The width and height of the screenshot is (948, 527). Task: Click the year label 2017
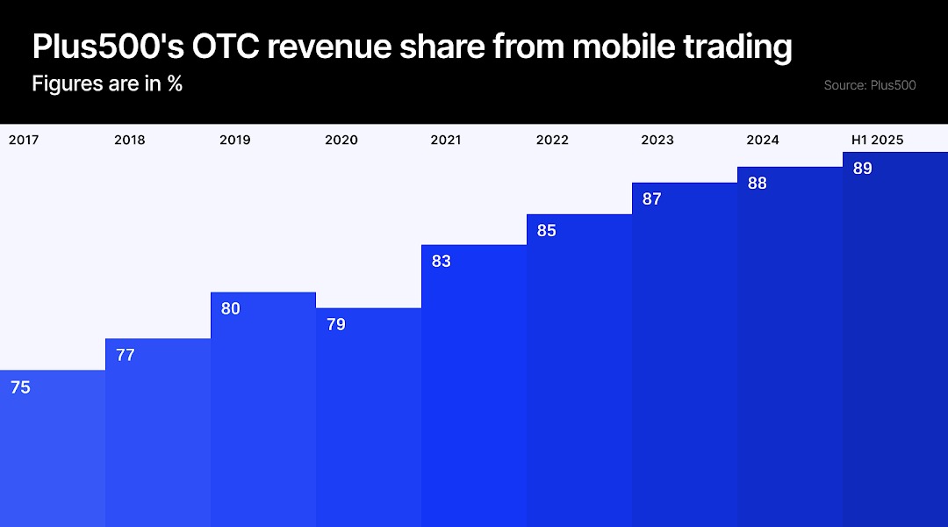pos(24,140)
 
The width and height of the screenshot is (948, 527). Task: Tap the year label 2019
pos(234,140)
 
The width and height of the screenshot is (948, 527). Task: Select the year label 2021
pos(446,140)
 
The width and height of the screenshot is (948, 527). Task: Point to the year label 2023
pos(657,140)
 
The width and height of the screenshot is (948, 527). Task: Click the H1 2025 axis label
pos(877,140)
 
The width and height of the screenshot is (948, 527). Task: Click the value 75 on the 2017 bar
pos(20,387)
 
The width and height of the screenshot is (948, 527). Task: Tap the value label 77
pos(126,356)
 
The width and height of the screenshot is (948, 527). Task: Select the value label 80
pos(231,309)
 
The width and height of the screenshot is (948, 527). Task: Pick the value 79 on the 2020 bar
pos(336,325)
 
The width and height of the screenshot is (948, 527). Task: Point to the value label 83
pos(442,262)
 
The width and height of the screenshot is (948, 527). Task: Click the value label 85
pos(547,231)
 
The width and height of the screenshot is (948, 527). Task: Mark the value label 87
pos(652,199)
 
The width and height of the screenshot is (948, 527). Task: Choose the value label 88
pos(758,184)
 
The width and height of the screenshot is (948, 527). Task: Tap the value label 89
pos(863,169)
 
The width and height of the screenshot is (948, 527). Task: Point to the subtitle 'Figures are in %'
pos(107,84)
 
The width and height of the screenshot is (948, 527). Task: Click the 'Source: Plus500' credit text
pos(870,85)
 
